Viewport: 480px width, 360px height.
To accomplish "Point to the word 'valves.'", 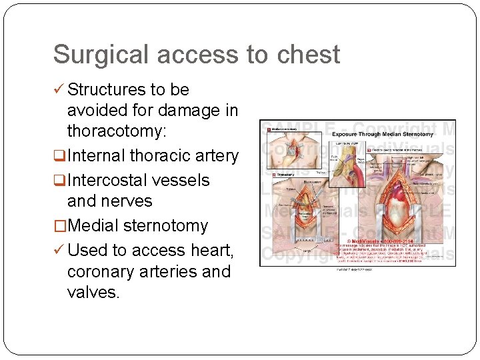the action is pyautogui.click(x=94, y=293).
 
